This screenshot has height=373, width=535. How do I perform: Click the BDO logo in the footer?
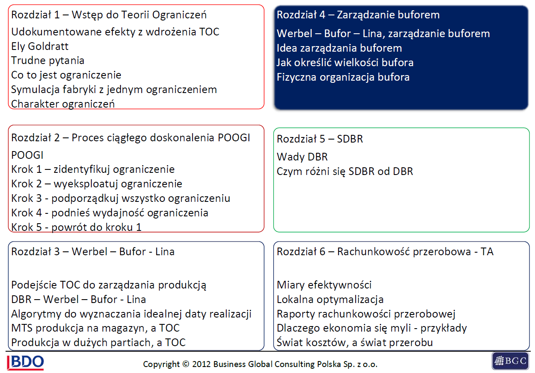tap(26, 362)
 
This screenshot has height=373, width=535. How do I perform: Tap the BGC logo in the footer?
tap(511, 361)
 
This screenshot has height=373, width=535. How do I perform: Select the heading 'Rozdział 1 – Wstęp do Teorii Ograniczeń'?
tap(109, 15)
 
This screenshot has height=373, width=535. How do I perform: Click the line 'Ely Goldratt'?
tap(40, 46)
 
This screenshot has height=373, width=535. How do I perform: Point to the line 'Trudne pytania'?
tap(48, 61)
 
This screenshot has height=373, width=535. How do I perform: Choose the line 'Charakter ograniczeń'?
tap(63, 104)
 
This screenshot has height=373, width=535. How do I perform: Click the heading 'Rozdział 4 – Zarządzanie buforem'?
tap(358, 15)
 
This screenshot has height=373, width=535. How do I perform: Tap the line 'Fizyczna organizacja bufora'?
tap(343, 77)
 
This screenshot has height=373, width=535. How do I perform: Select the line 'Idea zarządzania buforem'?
tap(339, 48)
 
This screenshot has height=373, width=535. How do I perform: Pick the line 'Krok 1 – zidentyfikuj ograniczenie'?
tap(93, 169)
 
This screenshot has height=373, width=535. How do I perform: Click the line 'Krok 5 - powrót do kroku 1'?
tap(76, 227)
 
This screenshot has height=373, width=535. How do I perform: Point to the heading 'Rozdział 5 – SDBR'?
tap(319, 139)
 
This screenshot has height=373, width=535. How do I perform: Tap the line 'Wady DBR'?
tap(302, 157)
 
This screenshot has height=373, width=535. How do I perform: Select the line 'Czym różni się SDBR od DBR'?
tap(345, 172)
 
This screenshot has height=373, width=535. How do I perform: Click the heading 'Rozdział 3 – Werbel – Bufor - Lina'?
tap(93, 252)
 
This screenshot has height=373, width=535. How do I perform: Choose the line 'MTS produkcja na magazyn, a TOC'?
tap(95, 328)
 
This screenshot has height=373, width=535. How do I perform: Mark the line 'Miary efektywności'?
tap(324, 285)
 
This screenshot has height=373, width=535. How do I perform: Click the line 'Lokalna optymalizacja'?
tap(330, 300)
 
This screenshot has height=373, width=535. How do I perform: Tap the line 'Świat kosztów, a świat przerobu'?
tap(354, 343)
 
